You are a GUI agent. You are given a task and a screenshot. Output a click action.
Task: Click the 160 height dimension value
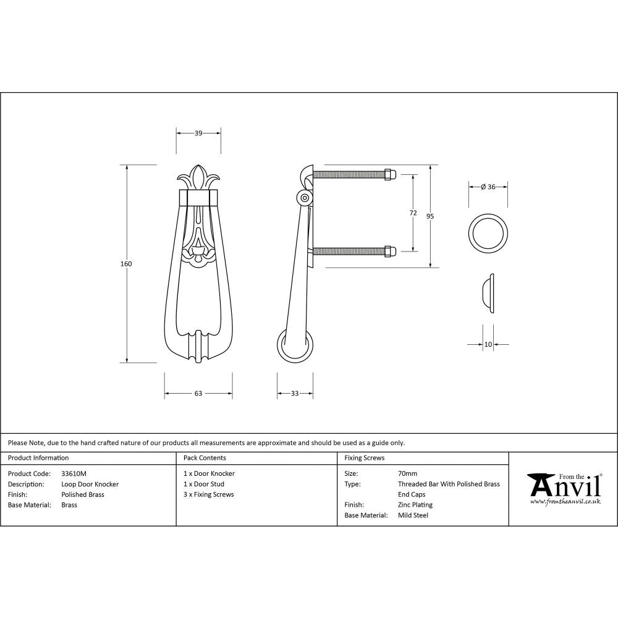click(126, 264)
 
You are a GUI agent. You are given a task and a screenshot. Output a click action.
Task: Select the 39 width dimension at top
click(198, 133)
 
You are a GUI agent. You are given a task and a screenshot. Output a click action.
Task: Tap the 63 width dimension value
click(198, 393)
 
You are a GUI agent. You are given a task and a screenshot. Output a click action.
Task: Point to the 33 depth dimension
click(294, 393)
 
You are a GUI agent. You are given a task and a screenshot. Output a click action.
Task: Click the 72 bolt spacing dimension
click(413, 213)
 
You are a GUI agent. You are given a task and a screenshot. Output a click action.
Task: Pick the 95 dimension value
click(430, 216)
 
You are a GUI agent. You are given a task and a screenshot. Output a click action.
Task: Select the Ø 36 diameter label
click(488, 187)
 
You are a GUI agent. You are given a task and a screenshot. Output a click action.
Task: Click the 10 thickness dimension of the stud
click(488, 344)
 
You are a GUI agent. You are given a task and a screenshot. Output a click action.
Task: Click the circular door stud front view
click(488, 234)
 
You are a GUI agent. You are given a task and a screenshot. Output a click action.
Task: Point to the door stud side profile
click(488, 292)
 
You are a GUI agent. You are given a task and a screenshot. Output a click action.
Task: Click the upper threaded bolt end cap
click(389, 174)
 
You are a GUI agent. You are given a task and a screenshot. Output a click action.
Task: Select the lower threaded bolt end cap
click(389, 251)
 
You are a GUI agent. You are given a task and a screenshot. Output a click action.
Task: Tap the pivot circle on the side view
click(304, 198)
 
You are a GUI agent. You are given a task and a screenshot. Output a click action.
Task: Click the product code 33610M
click(74, 473)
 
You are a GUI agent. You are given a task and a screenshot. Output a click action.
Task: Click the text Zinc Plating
click(415, 505)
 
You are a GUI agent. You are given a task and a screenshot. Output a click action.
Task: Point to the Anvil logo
click(564, 488)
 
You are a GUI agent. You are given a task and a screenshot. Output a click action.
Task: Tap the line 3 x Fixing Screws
click(209, 494)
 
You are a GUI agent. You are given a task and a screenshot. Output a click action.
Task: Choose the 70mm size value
click(407, 473)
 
